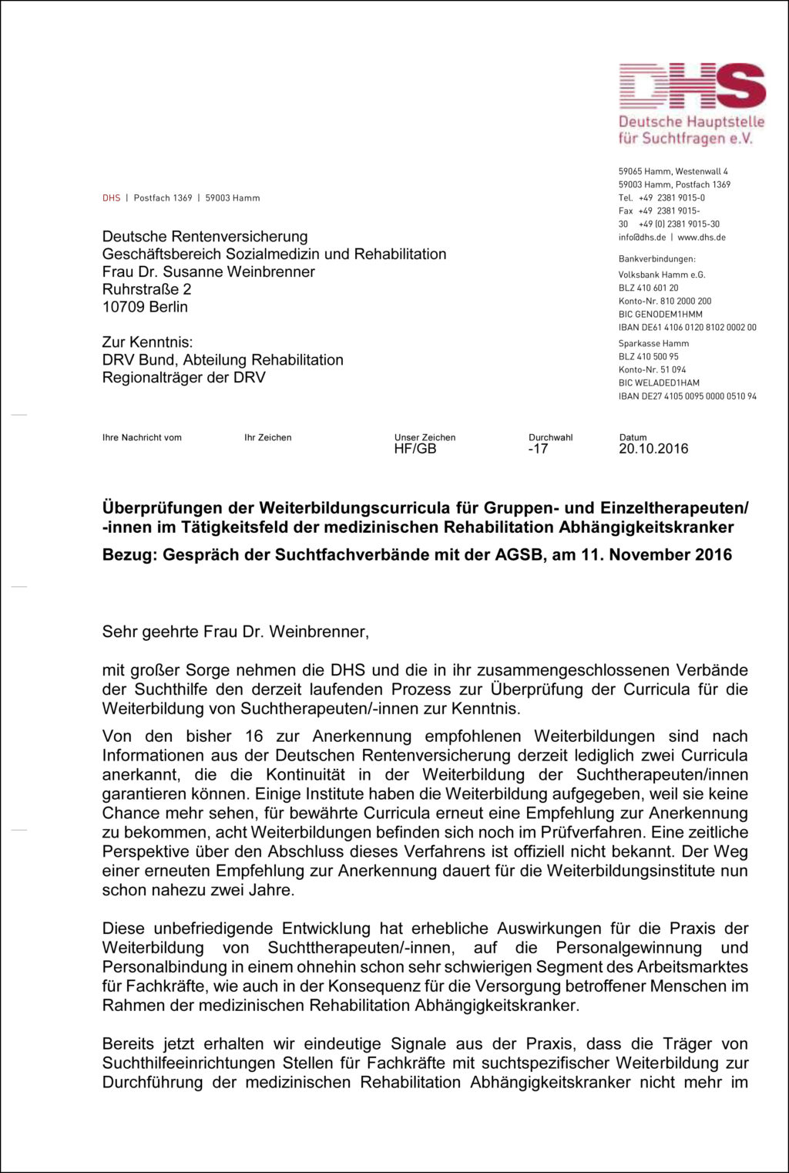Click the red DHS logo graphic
click(691, 86)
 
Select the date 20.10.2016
click(653, 449)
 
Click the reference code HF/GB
click(415, 449)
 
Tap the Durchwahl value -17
click(538, 449)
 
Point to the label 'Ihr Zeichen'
click(268, 437)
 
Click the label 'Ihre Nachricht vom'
click(142, 437)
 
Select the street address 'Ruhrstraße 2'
click(146, 289)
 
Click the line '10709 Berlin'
click(145, 307)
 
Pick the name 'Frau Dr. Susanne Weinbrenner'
click(208, 271)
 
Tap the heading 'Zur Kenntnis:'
click(147, 342)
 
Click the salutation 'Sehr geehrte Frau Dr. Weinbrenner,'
click(235, 632)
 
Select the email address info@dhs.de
click(642, 238)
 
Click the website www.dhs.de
click(701, 238)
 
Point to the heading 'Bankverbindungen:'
click(656, 259)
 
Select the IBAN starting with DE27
click(687, 396)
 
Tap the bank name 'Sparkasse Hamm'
click(653, 343)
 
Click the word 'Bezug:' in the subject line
click(129, 554)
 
